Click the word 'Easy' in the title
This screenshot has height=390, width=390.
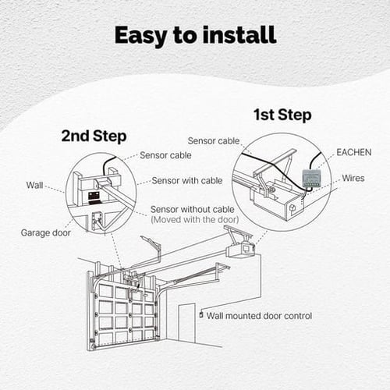[x=141, y=35]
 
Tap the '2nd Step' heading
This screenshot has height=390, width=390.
[x=94, y=136]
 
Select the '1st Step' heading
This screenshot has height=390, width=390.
[x=282, y=115]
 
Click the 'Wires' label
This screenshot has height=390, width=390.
[x=353, y=178]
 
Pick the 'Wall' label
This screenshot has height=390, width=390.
[x=35, y=186]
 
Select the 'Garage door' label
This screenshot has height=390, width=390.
[x=44, y=232]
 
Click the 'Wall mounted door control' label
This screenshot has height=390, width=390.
[x=259, y=316]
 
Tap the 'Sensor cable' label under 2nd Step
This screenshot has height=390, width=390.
[x=165, y=155]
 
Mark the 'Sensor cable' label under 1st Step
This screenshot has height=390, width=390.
[x=214, y=140]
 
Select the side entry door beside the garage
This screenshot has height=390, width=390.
[x=186, y=321]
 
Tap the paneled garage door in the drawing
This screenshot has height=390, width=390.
[x=125, y=312]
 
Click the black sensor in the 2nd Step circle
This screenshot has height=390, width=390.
[x=94, y=193]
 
